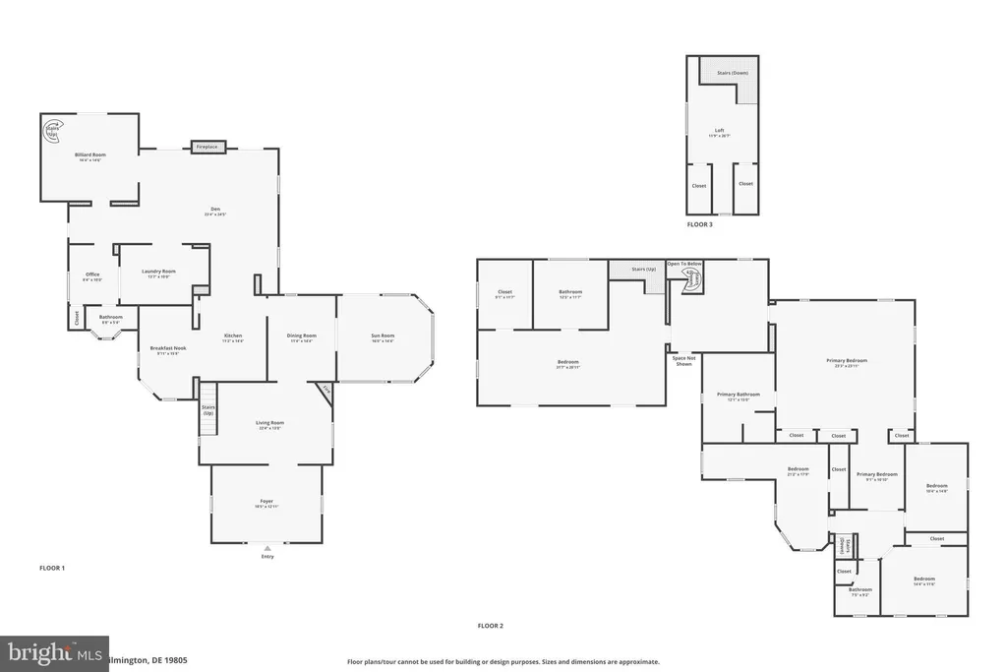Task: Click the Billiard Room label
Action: (89, 155)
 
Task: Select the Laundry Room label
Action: (160, 273)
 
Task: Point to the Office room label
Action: (92, 275)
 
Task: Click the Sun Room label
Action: (383, 337)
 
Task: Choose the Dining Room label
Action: (302, 337)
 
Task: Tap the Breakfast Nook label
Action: (163, 349)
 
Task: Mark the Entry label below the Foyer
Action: (267, 556)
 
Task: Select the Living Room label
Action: (269, 425)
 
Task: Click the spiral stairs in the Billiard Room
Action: (51, 128)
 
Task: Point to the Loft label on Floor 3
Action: (720, 132)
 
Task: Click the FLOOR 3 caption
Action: (700, 224)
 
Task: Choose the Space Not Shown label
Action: (684, 360)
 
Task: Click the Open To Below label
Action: (684, 264)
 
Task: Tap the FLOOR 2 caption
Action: (491, 626)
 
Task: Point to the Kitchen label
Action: (231, 337)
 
